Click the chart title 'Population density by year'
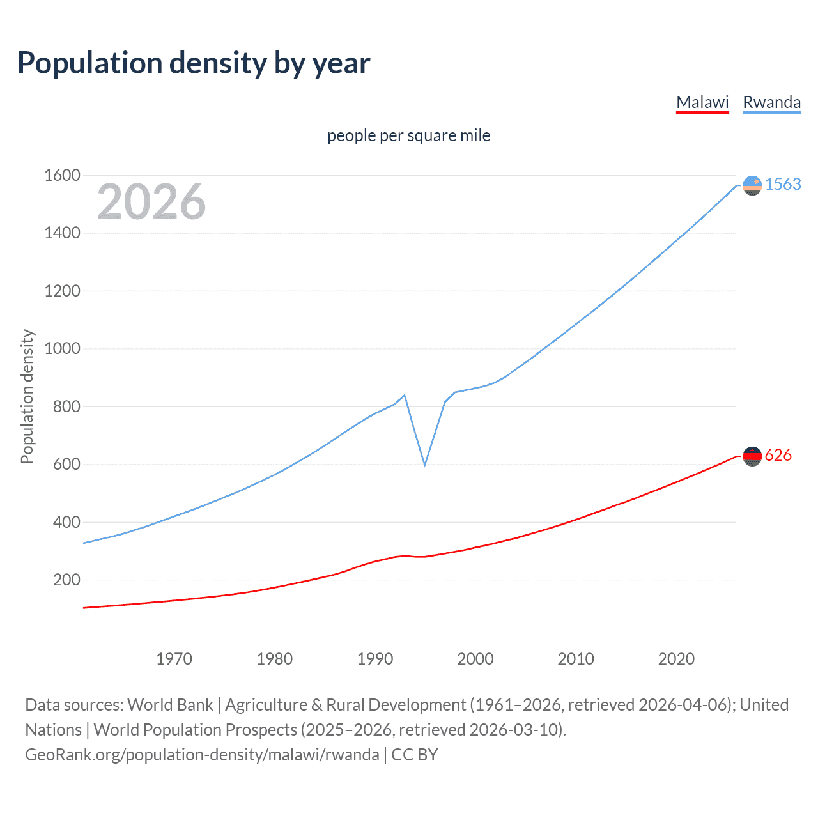click(194, 63)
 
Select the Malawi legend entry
click(702, 102)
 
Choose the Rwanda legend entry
click(771, 102)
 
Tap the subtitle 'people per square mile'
click(408, 135)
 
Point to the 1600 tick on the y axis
click(62, 175)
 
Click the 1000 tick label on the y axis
click(62, 348)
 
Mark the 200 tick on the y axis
click(66, 580)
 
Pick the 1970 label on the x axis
click(174, 659)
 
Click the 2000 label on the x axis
click(475, 659)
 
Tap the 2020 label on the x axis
click(676, 659)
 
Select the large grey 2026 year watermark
click(151, 202)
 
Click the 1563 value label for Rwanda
click(783, 184)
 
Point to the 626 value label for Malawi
click(778, 455)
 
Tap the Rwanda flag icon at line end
click(752, 185)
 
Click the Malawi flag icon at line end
click(752, 456)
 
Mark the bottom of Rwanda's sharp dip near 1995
click(424, 465)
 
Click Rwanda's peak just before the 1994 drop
click(405, 395)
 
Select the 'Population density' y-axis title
click(27, 396)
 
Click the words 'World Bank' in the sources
click(170, 704)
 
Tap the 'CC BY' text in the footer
click(415, 754)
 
